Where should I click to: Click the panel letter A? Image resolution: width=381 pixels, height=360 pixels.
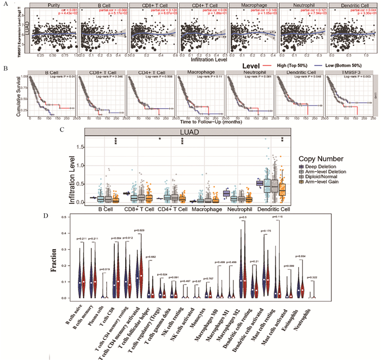[5, 4]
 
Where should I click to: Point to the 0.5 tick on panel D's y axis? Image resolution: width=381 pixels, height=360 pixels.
[65, 217]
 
